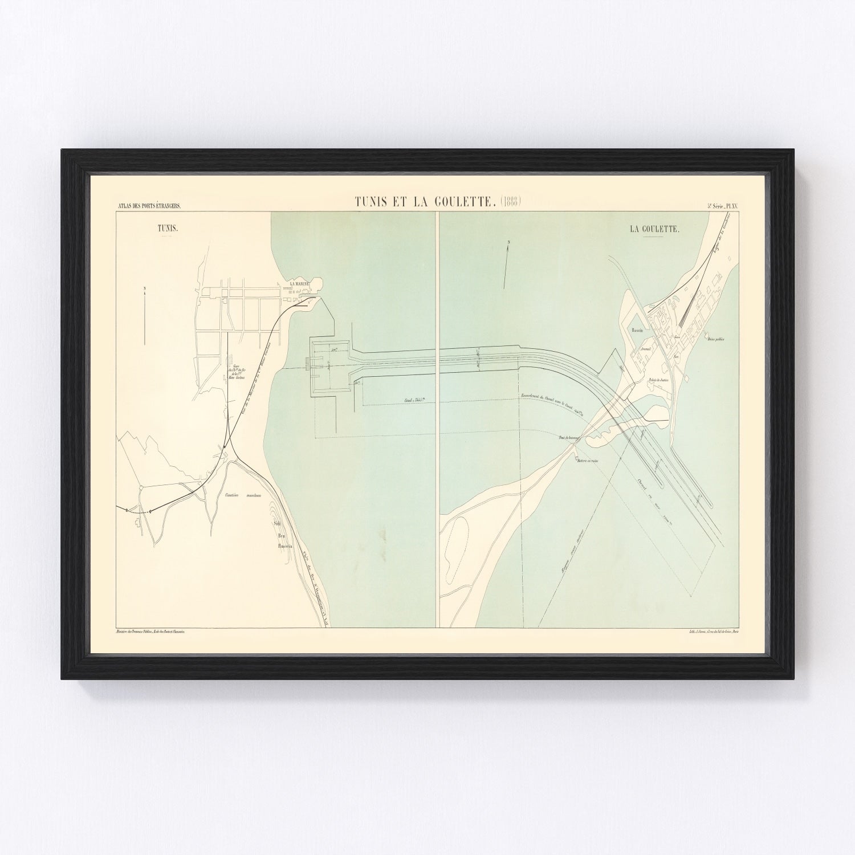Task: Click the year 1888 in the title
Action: click(x=511, y=201)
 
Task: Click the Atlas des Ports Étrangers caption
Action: click(x=149, y=207)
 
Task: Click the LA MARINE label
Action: click(x=299, y=283)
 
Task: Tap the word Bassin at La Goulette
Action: click(x=637, y=330)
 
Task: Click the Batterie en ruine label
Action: click(x=586, y=460)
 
